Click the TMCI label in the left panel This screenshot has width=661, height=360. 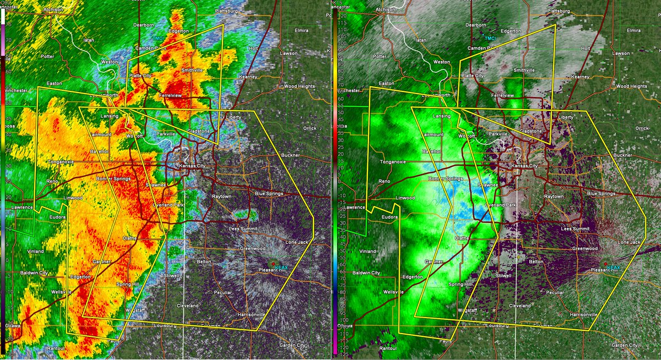[x=158, y=38]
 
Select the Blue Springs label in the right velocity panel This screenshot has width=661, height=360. [x=600, y=193]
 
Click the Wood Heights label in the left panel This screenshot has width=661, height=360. [x=299, y=86]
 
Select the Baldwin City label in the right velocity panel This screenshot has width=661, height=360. [x=366, y=272]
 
